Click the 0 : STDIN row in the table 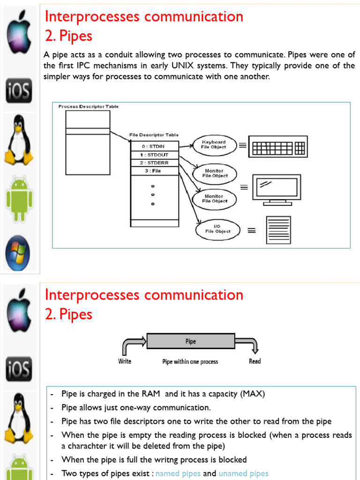tap(154, 146)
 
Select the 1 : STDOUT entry tap(154, 154)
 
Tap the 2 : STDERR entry tap(154, 163)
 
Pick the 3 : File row tap(154, 171)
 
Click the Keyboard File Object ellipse tap(214, 144)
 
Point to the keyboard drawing tap(277, 146)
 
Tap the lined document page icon tap(278, 230)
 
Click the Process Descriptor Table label tap(89, 107)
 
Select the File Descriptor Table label tap(154, 135)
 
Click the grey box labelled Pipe tap(191, 342)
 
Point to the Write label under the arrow tap(125, 361)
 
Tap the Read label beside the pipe tap(255, 361)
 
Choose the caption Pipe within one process tap(190, 362)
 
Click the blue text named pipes tap(178, 473)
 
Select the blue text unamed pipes tap(243, 473)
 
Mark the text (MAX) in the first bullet tap(253, 394)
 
